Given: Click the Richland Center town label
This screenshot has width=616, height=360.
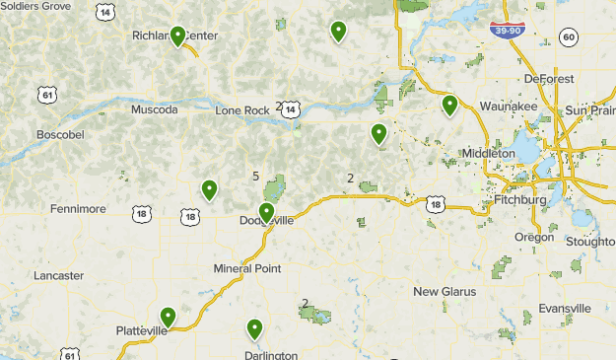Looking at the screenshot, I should pos(174,36).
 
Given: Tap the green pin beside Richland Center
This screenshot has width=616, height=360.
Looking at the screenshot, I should pos(177,37).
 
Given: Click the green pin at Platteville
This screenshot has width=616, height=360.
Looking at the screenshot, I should pos(169,318).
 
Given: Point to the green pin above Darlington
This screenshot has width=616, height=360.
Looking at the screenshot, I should pos(254,329).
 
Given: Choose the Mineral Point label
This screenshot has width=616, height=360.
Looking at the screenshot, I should pos(247,268).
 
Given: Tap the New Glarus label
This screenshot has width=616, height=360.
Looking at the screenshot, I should pos(445,292).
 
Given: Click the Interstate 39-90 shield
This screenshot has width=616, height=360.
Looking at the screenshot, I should pos(507,32).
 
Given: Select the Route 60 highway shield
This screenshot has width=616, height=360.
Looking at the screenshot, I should pos(569,36).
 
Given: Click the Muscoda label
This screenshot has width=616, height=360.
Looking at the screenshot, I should pos(155,109).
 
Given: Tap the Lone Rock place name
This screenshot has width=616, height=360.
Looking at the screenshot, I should pos(241,109).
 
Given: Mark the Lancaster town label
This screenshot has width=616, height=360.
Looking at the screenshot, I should pos(58,276).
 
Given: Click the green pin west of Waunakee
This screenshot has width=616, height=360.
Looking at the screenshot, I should pos(449,105).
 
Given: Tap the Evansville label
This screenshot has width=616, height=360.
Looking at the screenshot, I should pos(564,309).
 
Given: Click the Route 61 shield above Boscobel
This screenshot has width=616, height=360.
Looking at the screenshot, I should pos(47,95).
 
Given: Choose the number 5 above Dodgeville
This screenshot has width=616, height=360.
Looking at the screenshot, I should pos(256,177).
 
